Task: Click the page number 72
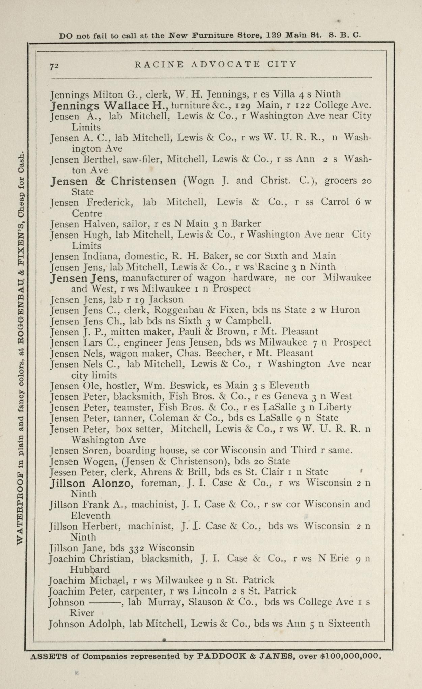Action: (x=54, y=66)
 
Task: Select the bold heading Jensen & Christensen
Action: (x=113, y=181)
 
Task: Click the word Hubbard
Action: (x=89, y=570)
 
